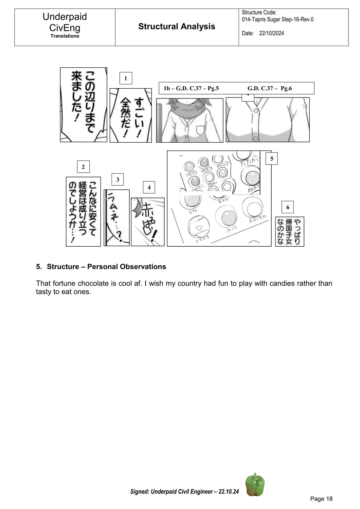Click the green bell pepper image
point(255,484)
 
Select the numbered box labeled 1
point(126,79)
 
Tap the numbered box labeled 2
point(83,167)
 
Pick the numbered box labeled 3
point(118,179)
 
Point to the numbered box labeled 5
point(272,159)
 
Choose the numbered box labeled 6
point(288,207)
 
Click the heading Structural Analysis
point(177,26)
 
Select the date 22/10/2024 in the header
point(271,33)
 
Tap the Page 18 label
point(321,499)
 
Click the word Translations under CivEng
point(65,36)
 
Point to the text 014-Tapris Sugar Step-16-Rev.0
point(278,19)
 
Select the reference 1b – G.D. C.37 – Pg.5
point(191,88)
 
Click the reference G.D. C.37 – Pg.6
point(270,88)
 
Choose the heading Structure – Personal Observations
point(106,267)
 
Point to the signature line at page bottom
point(185,491)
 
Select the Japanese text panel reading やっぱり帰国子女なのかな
point(290,232)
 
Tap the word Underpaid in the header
point(65,17)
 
